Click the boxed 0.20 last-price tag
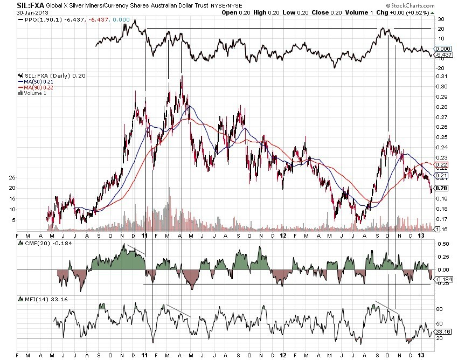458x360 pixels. pyautogui.click(x=441, y=188)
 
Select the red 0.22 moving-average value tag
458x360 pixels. pyautogui.click(x=441, y=164)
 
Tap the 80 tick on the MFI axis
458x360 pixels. pyautogui.click(x=439, y=309)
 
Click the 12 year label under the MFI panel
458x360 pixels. pyautogui.click(x=283, y=355)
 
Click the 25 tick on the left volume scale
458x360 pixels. pyautogui.click(x=13, y=177)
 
